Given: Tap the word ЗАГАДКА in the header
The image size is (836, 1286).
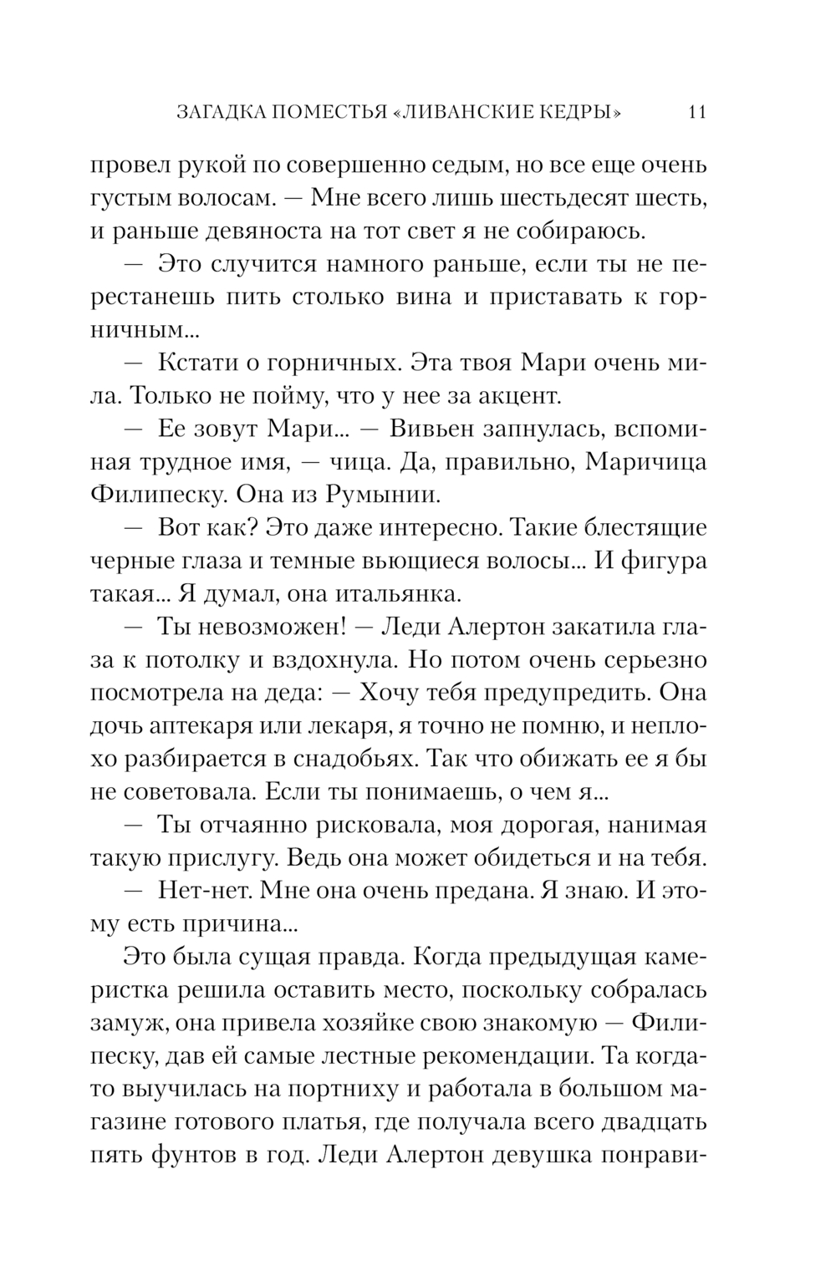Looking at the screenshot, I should pos(220,112).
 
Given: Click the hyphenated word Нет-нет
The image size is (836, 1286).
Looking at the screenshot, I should pos(205,891).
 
